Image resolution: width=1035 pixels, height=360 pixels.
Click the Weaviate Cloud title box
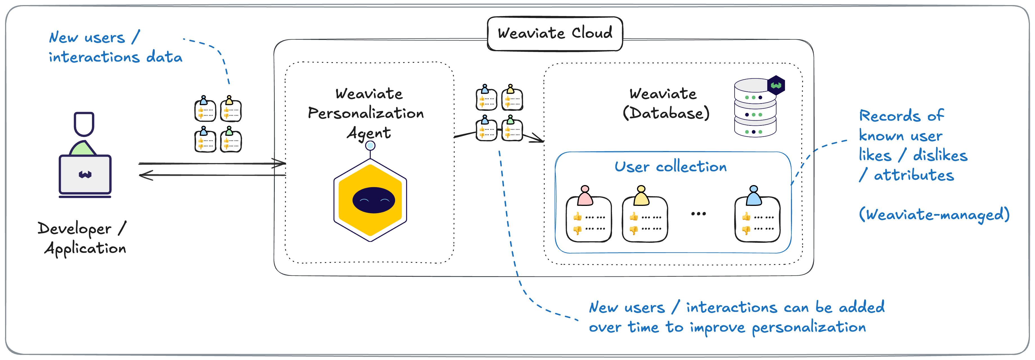(555, 33)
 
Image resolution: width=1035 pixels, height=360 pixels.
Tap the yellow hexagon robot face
(370, 200)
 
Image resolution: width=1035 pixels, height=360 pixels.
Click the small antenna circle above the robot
(370, 145)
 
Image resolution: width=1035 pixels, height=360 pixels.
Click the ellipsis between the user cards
(698, 214)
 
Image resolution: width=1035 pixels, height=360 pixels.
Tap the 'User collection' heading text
(670, 166)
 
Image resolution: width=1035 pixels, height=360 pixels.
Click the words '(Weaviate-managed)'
(934, 214)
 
